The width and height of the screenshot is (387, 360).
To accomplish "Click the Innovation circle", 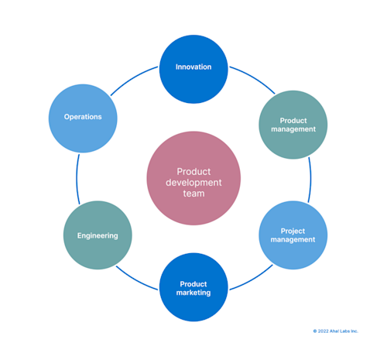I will (x=193, y=68).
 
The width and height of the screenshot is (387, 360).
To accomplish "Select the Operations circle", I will (x=82, y=118).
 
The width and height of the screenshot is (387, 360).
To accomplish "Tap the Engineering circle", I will (x=98, y=235).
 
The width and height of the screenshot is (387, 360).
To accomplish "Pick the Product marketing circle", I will (x=193, y=287).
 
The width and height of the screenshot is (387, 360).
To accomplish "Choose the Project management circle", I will (x=293, y=235).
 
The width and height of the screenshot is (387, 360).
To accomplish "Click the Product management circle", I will (x=293, y=125).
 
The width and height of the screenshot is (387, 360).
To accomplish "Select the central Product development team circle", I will (x=193, y=178).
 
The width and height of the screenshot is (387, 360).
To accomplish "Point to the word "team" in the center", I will (x=193, y=194).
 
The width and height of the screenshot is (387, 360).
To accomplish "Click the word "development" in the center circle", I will (x=193, y=183).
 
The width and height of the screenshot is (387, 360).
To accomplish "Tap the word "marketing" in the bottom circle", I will (x=193, y=293).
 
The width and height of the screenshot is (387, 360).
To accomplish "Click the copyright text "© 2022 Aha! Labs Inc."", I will (x=335, y=331).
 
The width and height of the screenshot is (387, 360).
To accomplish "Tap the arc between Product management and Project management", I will (x=310, y=180).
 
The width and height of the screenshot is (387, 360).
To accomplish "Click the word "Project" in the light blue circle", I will (x=293, y=230).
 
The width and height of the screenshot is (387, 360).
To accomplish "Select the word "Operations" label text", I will (x=82, y=118).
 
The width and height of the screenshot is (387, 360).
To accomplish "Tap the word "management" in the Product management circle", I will (x=293, y=130).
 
